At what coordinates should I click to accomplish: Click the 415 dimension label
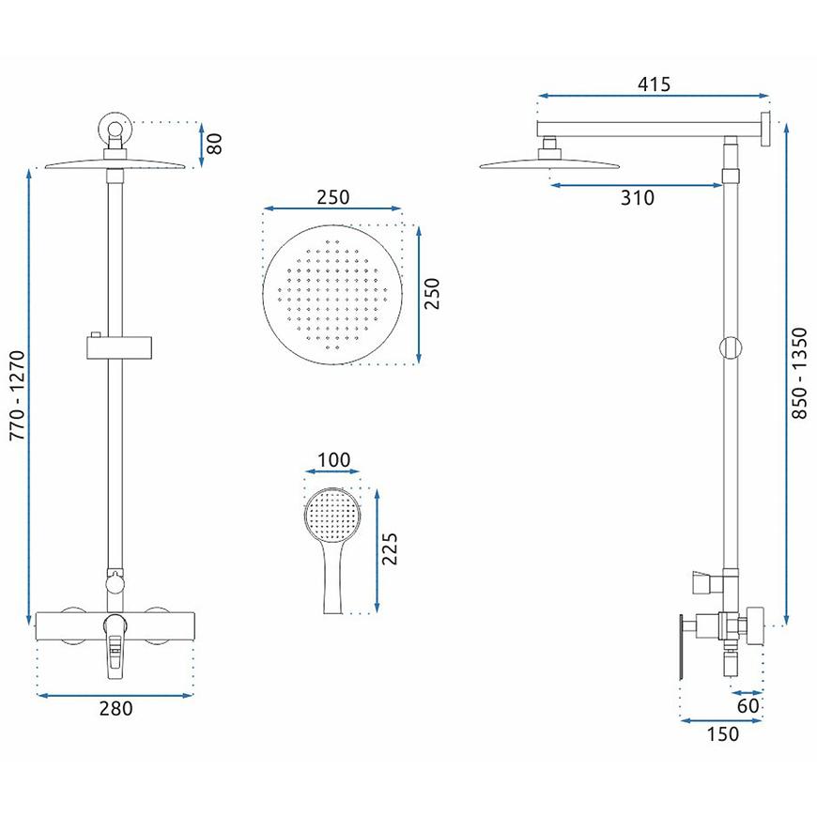click(x=654, y=84)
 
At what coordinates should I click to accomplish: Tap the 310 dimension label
click(x=638, y=197)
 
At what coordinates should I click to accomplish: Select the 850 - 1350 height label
click(x=799, y=373)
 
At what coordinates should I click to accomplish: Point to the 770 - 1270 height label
click(x=17, y=395)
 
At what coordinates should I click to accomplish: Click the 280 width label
click(x=116, y=708)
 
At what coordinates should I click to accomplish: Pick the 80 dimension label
click(x=214, y=144)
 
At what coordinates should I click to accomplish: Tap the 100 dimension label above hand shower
click(x=333, y=459)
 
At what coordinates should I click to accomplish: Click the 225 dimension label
click(x=389, y=548)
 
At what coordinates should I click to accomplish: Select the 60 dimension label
click(x=748, y=706)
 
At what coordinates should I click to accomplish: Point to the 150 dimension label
click(x=723, y=733)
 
